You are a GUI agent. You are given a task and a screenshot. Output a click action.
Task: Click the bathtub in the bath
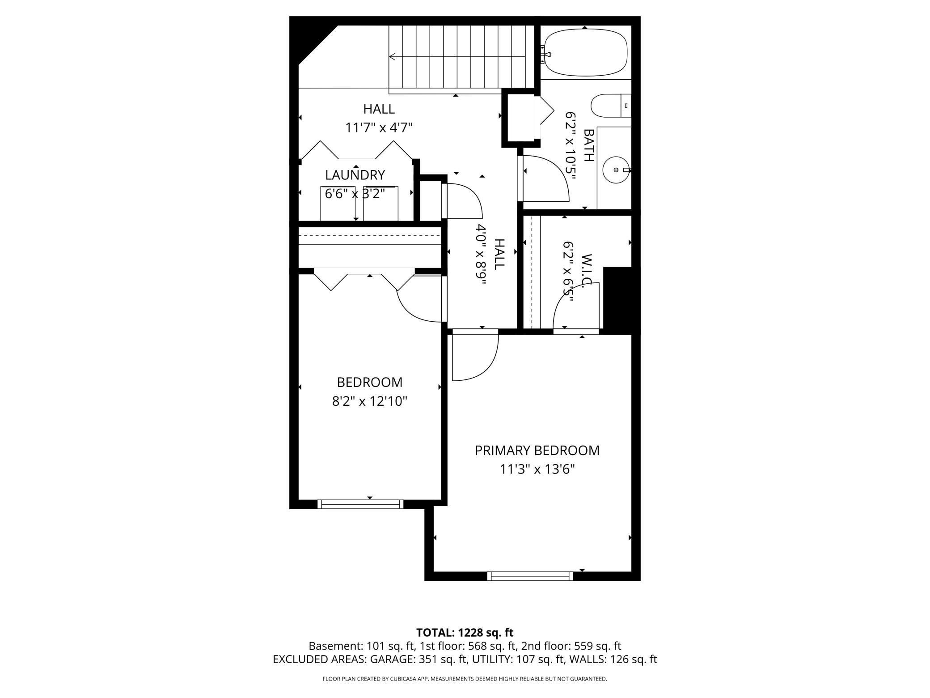pyautogui.click(x=585, y=52)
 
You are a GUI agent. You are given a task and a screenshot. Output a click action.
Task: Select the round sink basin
pyautogui.click(x=616, y=170)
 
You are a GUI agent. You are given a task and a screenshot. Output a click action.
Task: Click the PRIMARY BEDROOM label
pyautogui.click(x=537, y=451)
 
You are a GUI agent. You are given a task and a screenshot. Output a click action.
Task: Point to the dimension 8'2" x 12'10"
pyautogui.click(x=369, y=401)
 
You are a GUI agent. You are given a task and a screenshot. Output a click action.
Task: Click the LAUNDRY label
pyautogui.click(x=355, y=175)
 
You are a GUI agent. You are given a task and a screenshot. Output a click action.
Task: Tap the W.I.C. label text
pyautogui.click(x=587, y=270)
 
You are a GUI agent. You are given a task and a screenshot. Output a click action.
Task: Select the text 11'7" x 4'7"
pyautogui.click(x=378, y=128)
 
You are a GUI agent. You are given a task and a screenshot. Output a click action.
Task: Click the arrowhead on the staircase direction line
pyautogui.click(x=392, y=57)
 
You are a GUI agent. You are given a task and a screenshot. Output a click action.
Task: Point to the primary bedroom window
pyautogui.click(x=530, y=576)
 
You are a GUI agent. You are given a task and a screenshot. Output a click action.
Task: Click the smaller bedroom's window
pyautogui.click(x=360, y=504)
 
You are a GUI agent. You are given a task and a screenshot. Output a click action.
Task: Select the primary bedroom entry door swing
pyautogui.click(x=475, y=358)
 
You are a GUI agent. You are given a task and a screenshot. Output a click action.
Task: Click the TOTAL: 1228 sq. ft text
pyautogui.click(x=465, y=633)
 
